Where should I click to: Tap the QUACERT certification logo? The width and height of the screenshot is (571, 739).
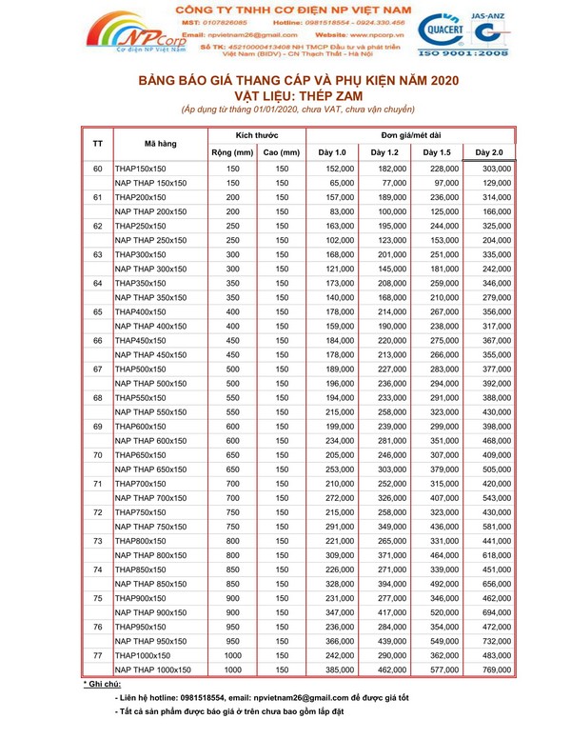pyautogui.click(x=443, y=29)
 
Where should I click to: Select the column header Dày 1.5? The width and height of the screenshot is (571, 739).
pyautogui.click(x=437, y=152)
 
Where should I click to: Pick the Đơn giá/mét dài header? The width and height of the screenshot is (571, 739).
pyautogui.click(x=410, y=135)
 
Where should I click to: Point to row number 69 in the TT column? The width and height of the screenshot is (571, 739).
pyautogui.click(x=98, y=427)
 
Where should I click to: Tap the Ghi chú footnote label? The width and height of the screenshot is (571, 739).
pyautogui.click(x=102, y=685)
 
